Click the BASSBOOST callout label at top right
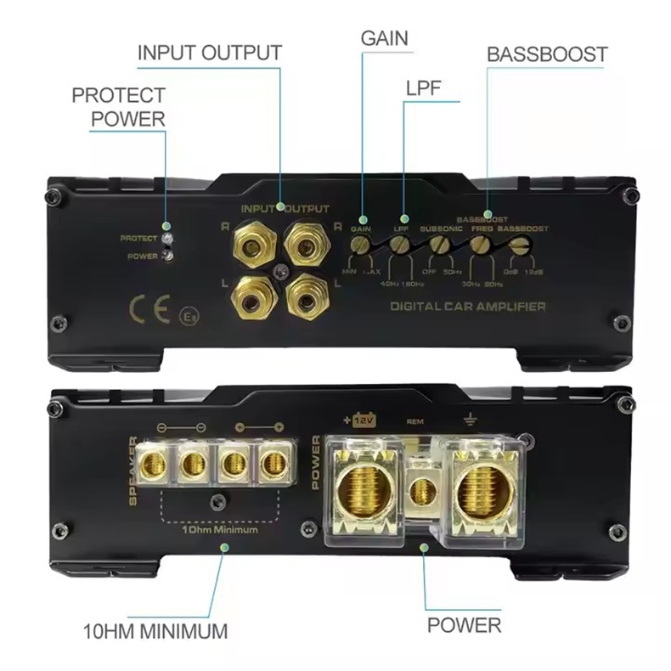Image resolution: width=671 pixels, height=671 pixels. tap(547, 54)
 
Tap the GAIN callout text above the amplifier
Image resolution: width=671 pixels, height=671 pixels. tap(384, 38)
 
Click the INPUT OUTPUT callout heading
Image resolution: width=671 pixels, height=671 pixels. tap(209, 52)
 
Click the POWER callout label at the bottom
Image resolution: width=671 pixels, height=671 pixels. tap(464, 627)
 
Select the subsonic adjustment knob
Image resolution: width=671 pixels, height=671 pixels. tap(439, 245)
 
